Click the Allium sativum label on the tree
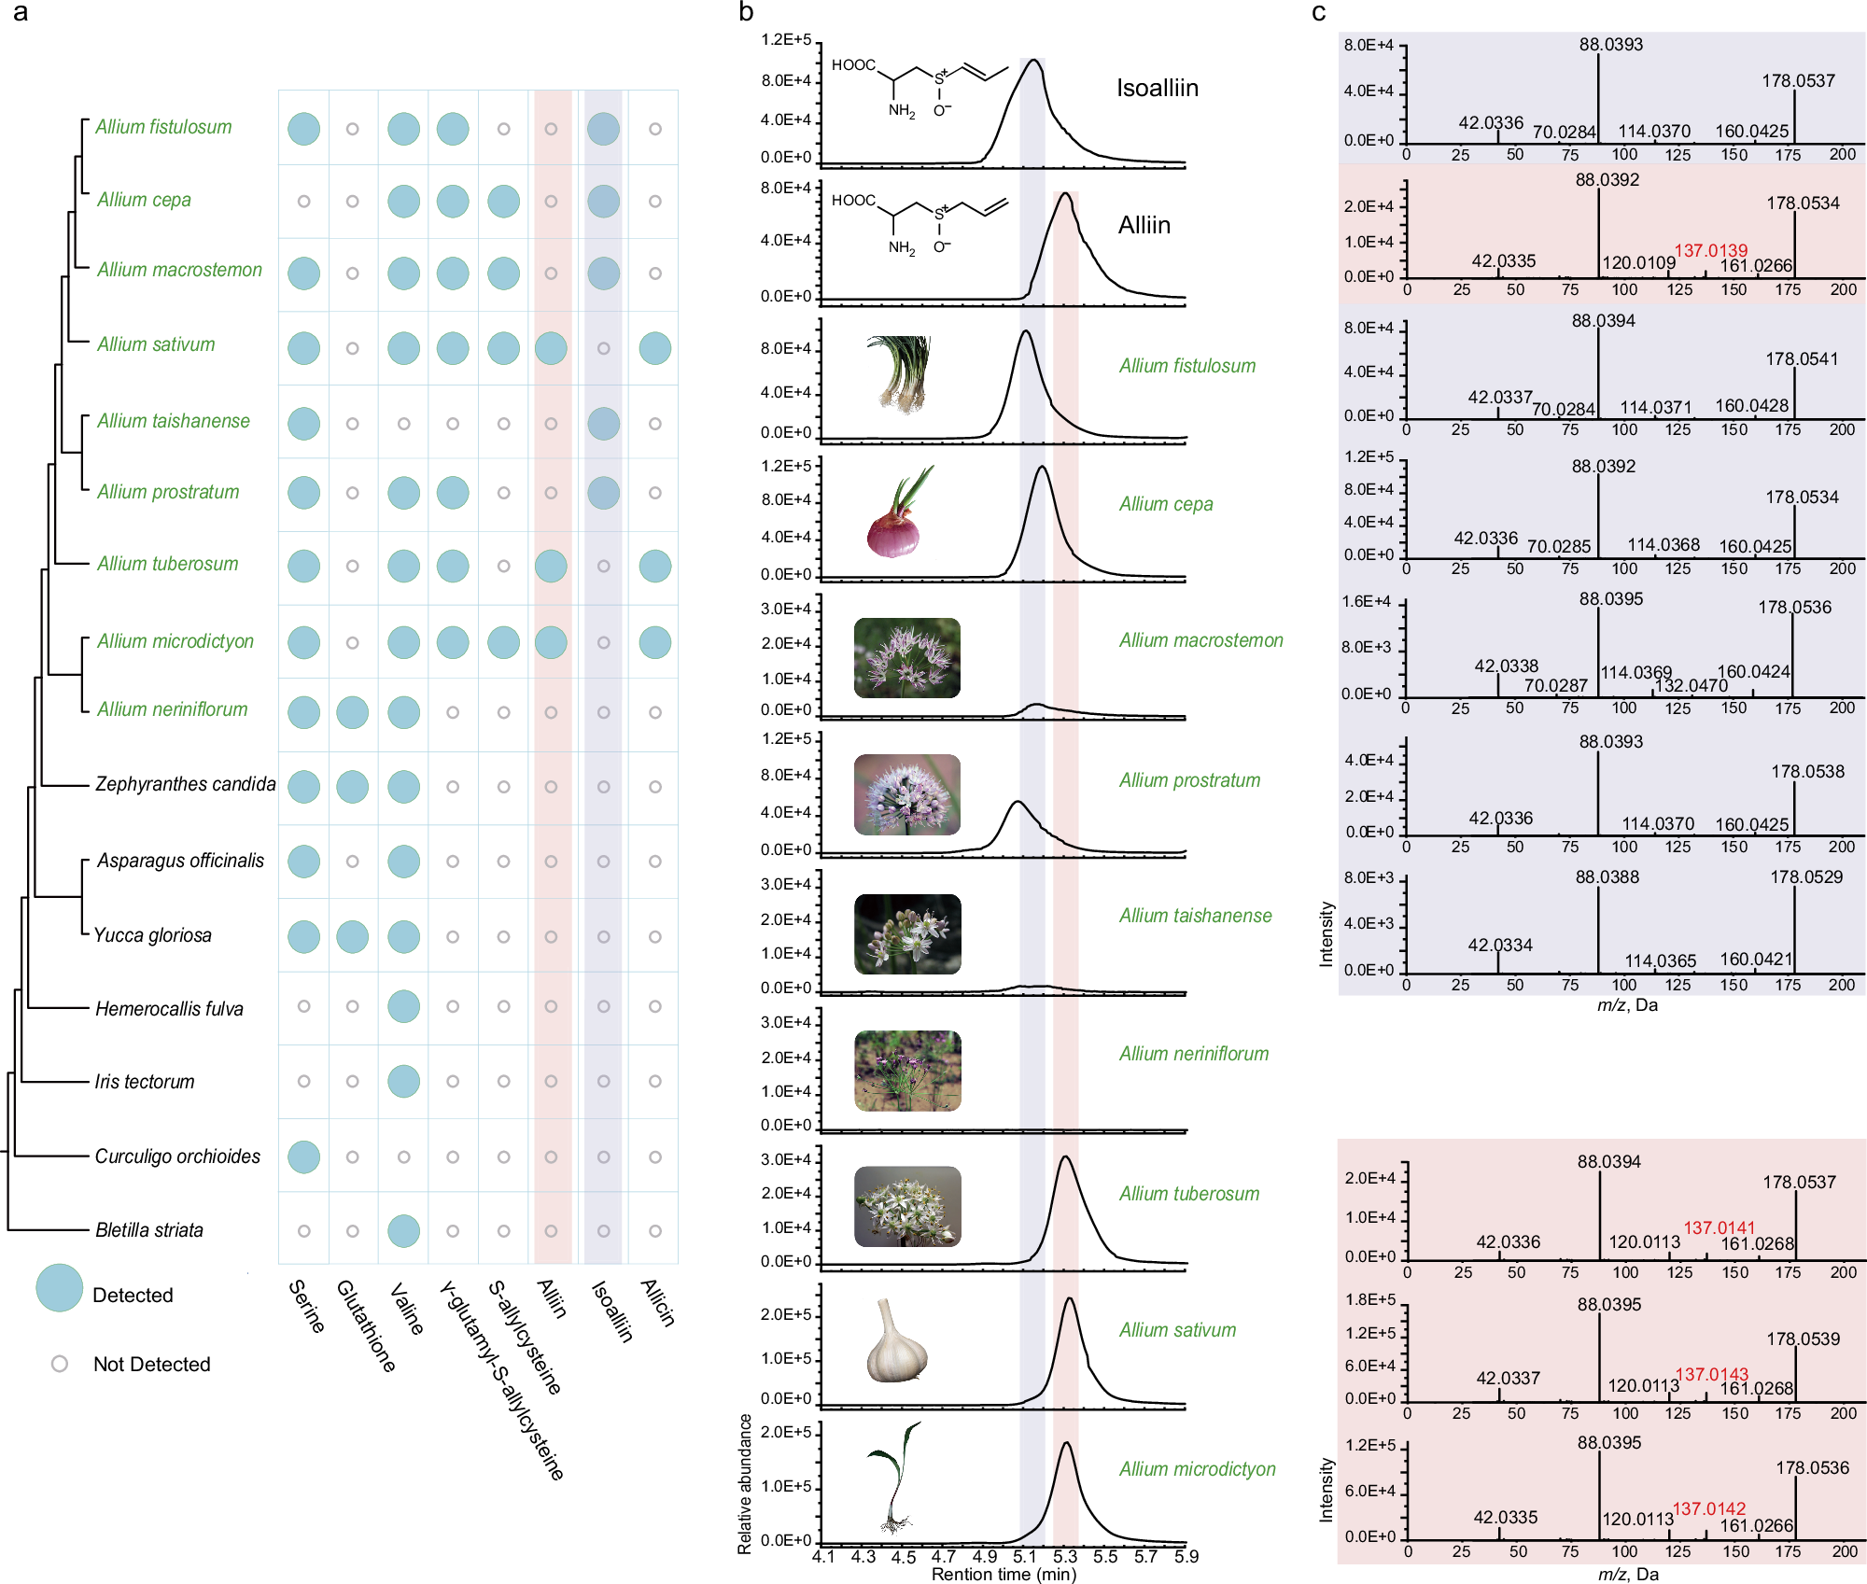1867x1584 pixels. [156, 344]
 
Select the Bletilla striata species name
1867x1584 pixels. [149, 1230]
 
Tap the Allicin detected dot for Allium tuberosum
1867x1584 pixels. [655, 566]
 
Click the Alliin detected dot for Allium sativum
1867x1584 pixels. [551, 348]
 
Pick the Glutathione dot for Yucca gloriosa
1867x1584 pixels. [352, 936]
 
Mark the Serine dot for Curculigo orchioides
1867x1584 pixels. [303, 1156]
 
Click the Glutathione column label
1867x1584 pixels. [366, 1325]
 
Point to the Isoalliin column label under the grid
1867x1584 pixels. [613, 1311]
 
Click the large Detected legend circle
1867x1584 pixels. [60, 1288]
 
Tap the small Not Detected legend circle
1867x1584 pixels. [60, 1364]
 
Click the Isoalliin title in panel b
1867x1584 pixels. [1158, 88]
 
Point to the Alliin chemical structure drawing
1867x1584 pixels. [919, 224]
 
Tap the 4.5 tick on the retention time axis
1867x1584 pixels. [904, 1556]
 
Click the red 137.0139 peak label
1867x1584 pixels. [1710, 250]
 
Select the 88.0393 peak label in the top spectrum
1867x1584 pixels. [1611, 45]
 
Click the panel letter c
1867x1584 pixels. [1318, 13]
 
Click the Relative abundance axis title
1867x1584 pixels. [745, 1484]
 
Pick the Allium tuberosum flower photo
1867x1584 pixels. [907, 1206]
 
